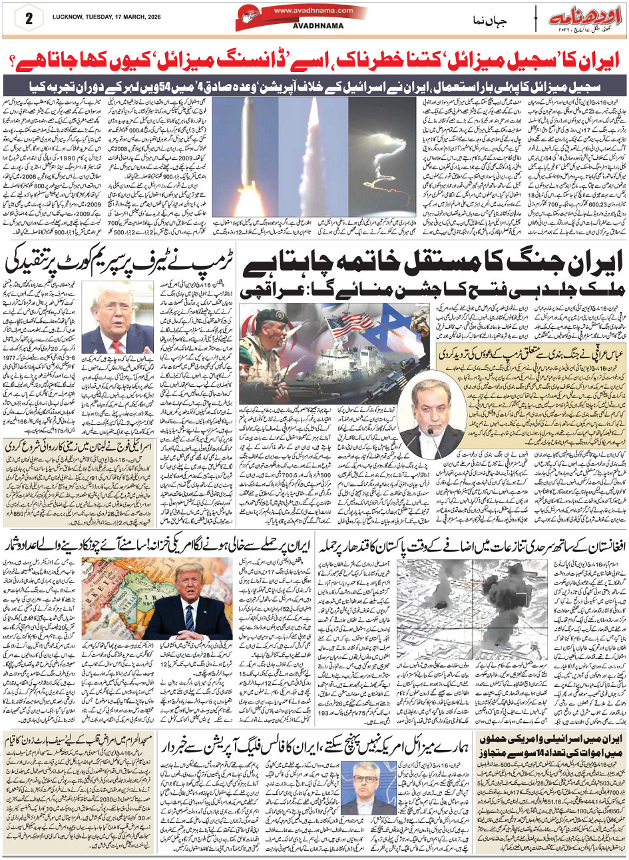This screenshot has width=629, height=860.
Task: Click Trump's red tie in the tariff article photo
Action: (x=109, y=339)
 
